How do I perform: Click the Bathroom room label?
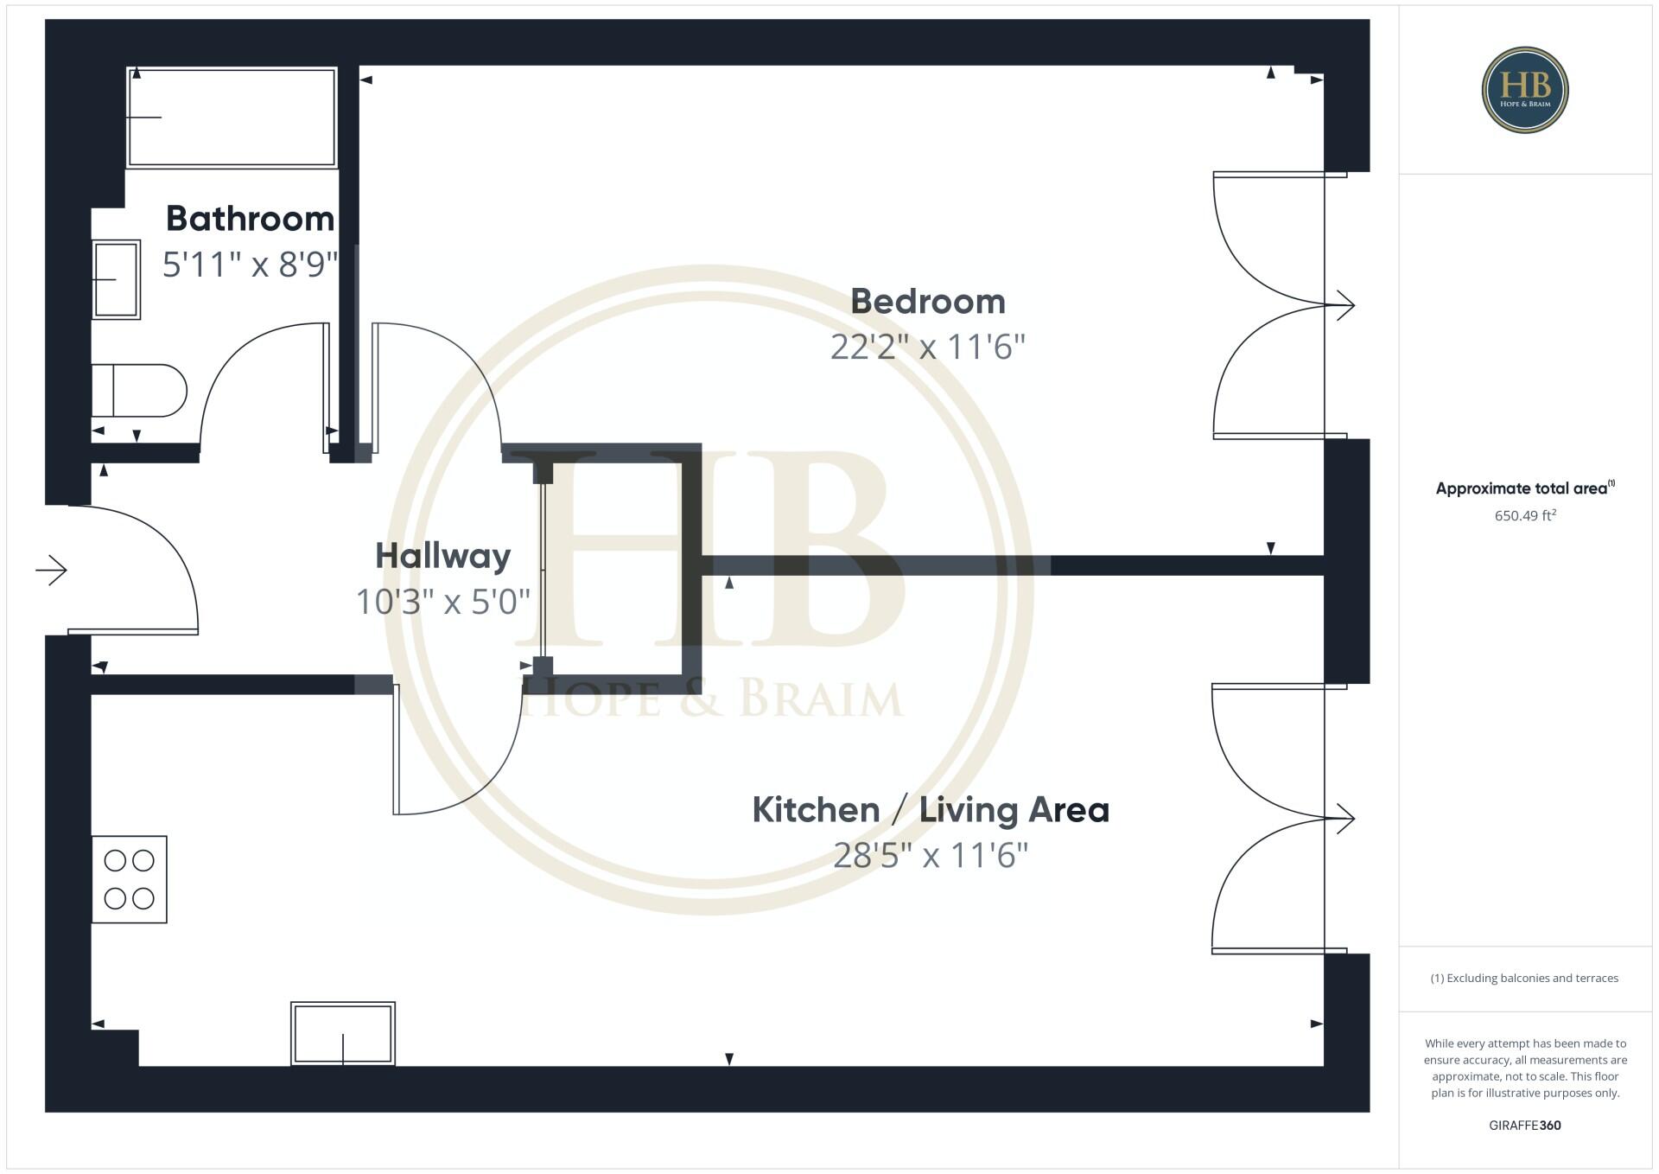point(250,219)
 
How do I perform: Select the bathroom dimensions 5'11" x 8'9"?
point(250,264)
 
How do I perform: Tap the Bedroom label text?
point(927,302)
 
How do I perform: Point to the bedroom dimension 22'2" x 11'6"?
point(927,347)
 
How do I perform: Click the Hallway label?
point(442,556)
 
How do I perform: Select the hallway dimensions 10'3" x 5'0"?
point(442,601)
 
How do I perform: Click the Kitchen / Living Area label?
point(930,810)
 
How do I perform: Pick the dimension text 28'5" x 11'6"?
point(930,855)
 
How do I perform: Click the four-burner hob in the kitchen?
point(130,879)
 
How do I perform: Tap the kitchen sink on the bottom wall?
point(343,1033)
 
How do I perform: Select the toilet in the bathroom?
point(138,391)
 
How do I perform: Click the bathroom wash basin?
point(116,279)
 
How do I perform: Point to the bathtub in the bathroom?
point(232,117)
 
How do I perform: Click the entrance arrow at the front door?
point(52,570)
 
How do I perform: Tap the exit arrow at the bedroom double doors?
point(1344,305)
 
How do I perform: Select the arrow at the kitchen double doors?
point(1344,818)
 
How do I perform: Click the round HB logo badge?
point(1525,90)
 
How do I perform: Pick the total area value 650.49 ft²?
point(1525,515)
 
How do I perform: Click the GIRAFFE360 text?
point(1525,1125)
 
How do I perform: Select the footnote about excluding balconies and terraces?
point(1525,978)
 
